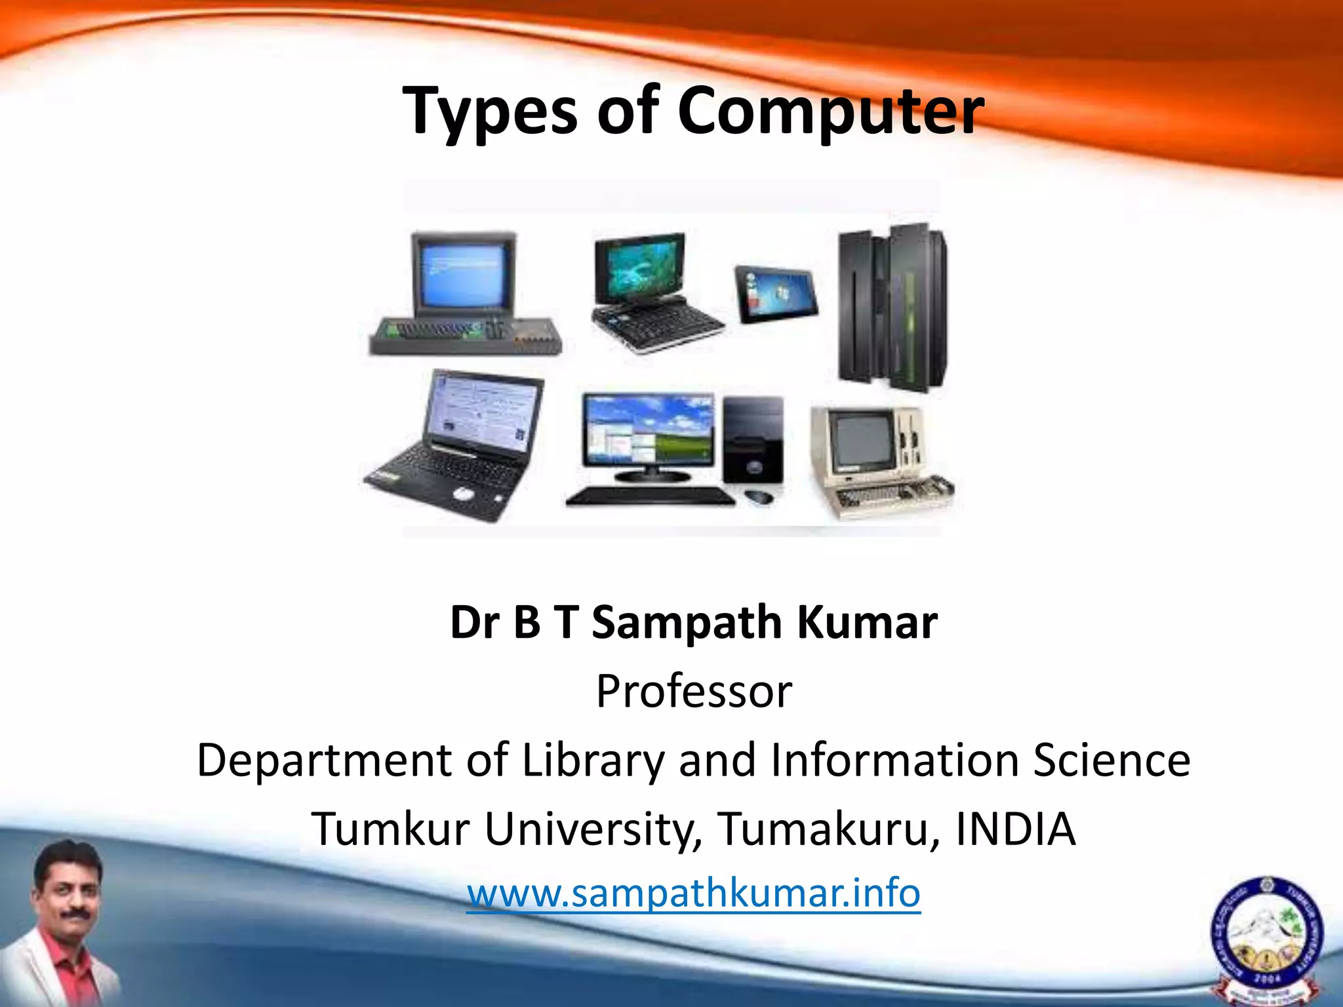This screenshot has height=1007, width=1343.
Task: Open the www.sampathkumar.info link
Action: (x=694, y=893)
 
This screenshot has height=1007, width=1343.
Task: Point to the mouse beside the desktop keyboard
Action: (x=759, y=496)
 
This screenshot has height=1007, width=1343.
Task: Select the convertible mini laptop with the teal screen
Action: (x=649, y=288)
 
